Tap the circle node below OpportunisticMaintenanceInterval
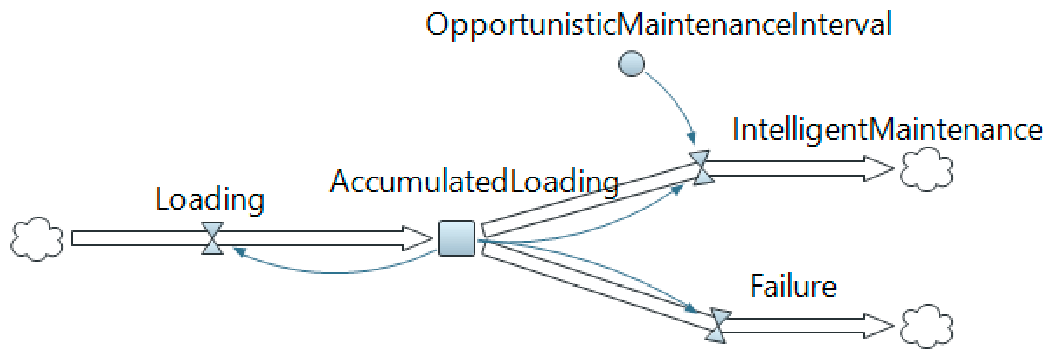[631, 63]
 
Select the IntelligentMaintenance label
[887, 130]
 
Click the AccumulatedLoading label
[474, 181]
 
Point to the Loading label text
[210, 200]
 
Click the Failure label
[793, 287]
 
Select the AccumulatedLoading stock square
[457, 238]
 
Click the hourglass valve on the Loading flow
[212, 238]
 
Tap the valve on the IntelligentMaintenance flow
[701, 168]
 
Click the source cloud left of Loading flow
[37, 239]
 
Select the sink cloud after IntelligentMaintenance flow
[926, 169]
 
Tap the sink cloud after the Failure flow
[926, 326]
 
